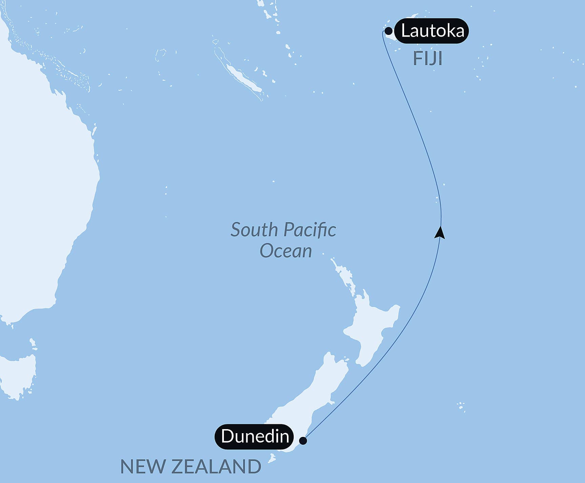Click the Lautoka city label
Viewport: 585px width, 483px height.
pos(432,31)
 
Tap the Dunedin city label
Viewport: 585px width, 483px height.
pos(255,436)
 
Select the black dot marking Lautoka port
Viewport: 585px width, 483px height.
pos(389,31)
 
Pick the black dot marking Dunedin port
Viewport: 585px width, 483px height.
pos(303,441)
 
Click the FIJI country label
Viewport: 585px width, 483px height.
pos(427,59)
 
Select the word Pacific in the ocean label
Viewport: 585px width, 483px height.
pos(310,230)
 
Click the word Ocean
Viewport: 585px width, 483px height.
pos(286,251)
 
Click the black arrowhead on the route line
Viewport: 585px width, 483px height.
pos(440,233)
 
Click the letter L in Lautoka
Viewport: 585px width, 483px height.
pos(405,31)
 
